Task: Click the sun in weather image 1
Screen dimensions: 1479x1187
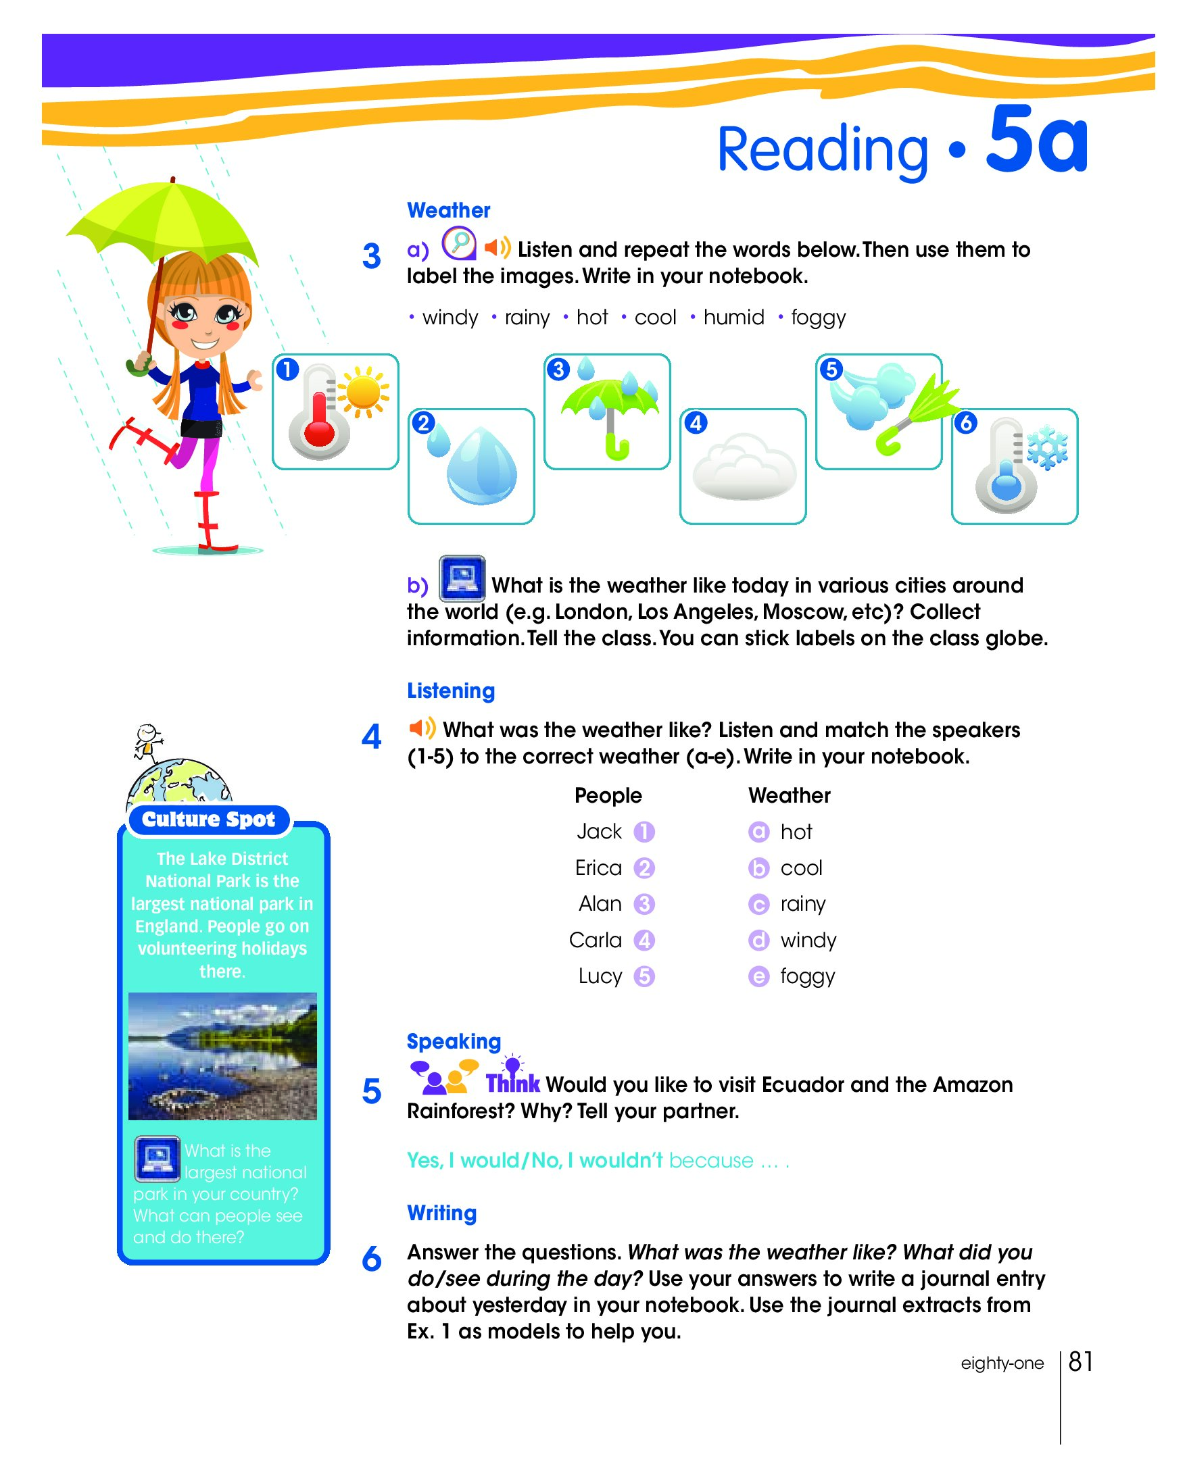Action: (364, 393)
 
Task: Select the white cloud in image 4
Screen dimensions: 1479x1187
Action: (744, 468)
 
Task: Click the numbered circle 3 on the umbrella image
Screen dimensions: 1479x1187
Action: (558, 370)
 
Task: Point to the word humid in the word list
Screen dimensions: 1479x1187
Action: (733, 318)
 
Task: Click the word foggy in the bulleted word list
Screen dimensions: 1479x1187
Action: (818, 318)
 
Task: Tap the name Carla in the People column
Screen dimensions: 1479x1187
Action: (596, 940)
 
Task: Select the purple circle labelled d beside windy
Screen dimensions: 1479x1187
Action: (758, 940)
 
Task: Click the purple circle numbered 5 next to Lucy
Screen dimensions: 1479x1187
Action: (644, 976)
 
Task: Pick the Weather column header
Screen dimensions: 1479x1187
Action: (789, 796)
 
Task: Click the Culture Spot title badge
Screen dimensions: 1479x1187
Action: (209, 820)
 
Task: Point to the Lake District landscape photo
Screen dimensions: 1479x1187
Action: (222, 1056)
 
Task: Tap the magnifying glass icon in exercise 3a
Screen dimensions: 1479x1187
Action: (458, 243)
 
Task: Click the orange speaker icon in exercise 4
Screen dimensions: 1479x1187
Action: (421, 728)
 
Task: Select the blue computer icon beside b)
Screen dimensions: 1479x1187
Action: (462, 578)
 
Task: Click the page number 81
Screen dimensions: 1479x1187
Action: (1080, 1361)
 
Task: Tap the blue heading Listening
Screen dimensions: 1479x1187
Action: (451, 691)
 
